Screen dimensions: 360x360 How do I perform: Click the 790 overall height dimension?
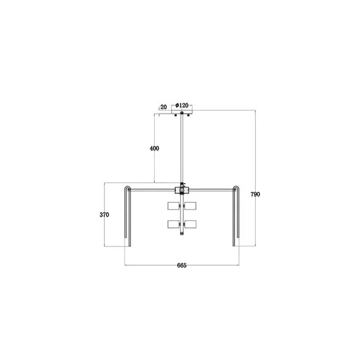(255, 195)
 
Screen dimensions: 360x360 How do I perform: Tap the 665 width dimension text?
(181, 266)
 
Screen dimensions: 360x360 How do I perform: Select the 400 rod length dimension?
(154, 149)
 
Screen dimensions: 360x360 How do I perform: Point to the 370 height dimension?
(105, 215)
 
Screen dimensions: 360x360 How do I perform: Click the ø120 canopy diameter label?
(182, 106)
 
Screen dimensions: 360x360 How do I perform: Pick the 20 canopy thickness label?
(163, 107)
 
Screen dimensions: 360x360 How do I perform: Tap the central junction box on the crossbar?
(181, 188)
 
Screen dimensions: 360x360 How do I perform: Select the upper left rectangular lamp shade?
(173, 206)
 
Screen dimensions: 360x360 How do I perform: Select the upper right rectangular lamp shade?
(190, 206)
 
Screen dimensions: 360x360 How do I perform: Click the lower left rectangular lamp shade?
(173, 224)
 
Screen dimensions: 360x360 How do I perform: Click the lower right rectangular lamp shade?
(190, 224)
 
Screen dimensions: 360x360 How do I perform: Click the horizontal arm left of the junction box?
(152, 187)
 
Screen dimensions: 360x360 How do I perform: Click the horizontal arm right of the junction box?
(212, 187)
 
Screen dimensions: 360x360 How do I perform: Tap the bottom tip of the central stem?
(182, 236)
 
